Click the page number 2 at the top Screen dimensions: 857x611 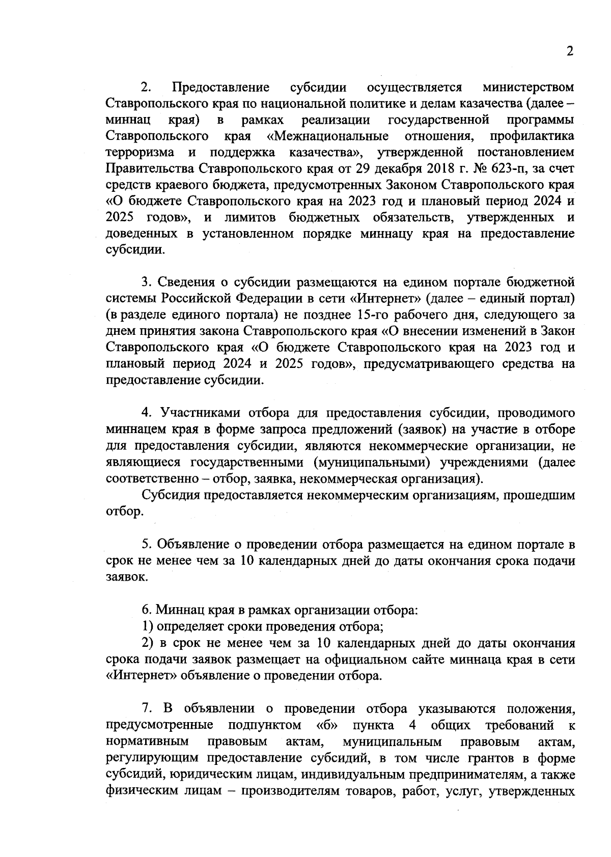pos(569,51)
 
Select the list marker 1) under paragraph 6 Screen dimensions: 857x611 pos(148,626)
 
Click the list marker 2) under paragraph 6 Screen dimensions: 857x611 pos(148,643)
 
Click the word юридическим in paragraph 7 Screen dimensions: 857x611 pos(211,774)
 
